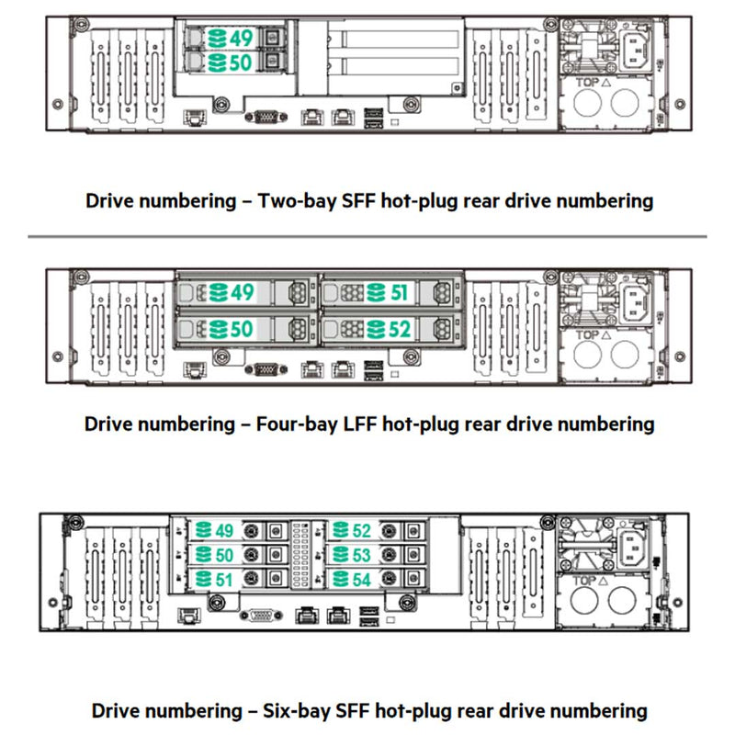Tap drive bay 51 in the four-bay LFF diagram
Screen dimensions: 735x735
coord(387,292)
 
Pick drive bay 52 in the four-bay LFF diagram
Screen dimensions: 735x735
coord(387,327)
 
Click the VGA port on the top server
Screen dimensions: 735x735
coord(266,117)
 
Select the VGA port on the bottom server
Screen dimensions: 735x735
coord(258,616)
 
